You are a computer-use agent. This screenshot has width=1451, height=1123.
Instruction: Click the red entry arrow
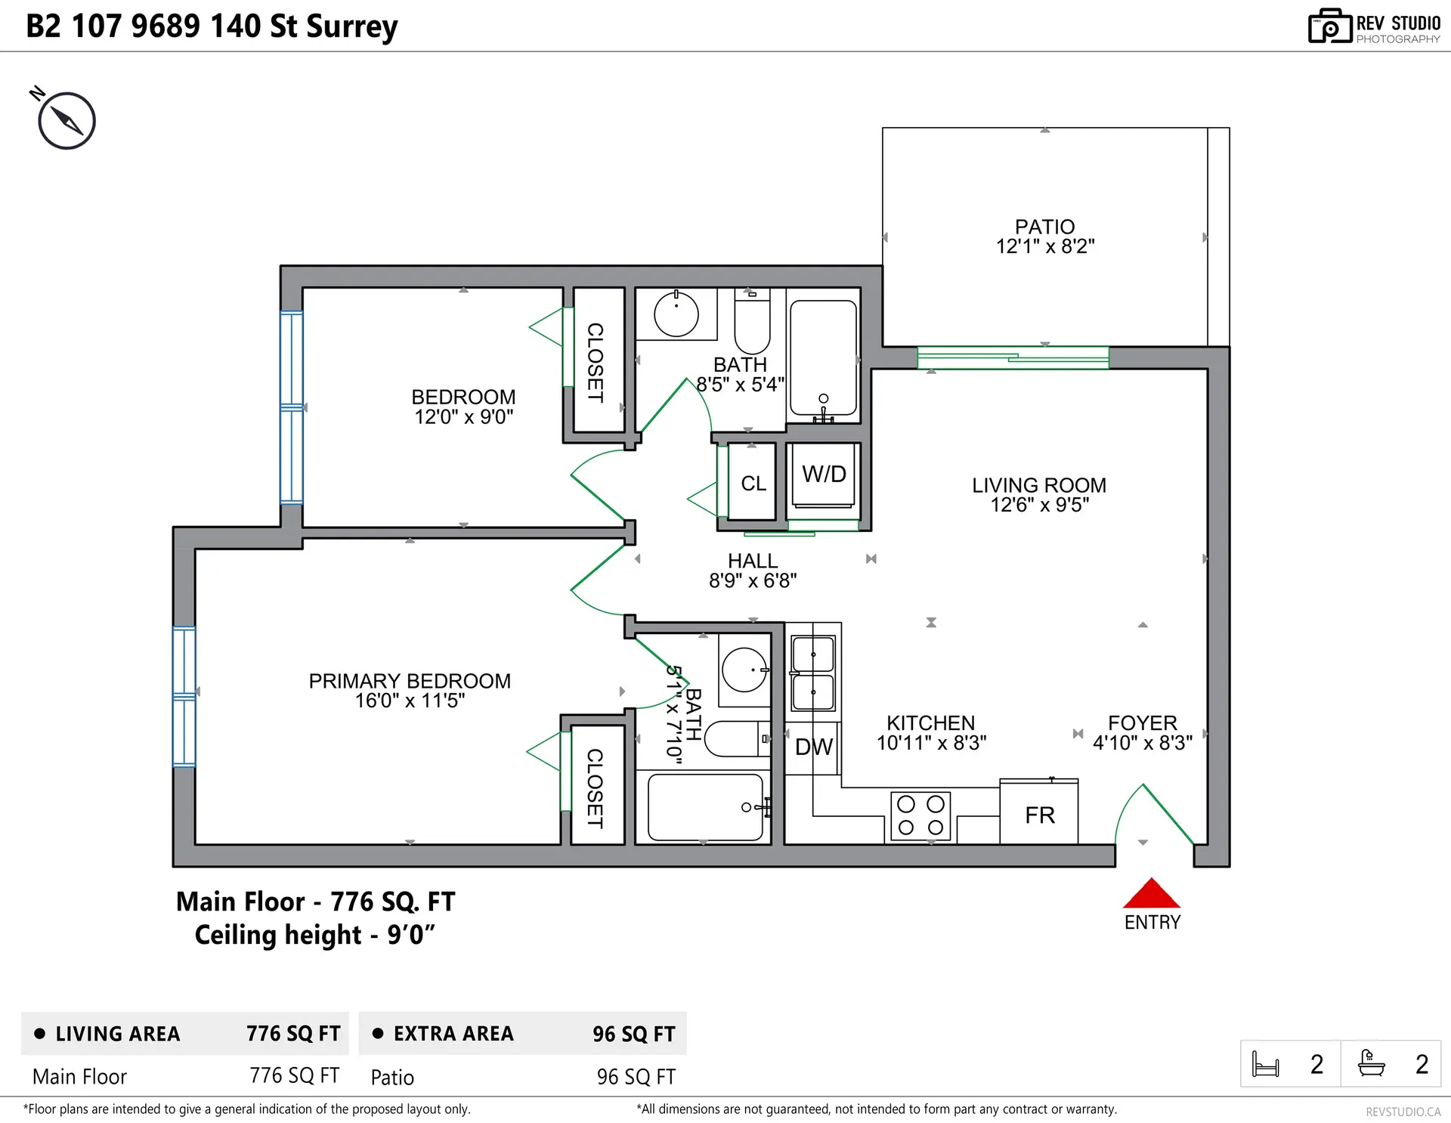coord(1151,894)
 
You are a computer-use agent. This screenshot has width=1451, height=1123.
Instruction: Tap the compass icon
coord(67,120)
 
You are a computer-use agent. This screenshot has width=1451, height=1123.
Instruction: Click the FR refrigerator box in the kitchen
coord(1039,814)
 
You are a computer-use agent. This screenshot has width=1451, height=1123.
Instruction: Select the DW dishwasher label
coord(813,747)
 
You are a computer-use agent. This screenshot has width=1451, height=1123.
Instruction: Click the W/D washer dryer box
coord(824,475)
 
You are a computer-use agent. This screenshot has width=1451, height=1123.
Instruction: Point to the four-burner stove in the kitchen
coord(920,816)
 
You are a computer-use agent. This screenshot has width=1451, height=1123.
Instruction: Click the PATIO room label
coord(1044,227)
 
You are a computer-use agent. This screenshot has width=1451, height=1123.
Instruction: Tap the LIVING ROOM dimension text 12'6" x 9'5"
coord(1039,505)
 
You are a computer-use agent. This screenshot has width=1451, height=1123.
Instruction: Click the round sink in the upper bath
coord(676,314)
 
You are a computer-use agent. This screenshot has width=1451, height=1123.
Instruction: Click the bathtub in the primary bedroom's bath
coord(705,807)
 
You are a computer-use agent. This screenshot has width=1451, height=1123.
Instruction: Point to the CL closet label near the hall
coord(753,484)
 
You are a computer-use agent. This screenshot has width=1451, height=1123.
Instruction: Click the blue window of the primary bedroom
coord(184,696)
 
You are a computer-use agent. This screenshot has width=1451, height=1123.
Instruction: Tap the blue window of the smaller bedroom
coord(292,407)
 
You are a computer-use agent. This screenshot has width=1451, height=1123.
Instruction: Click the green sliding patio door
coord(1013,357)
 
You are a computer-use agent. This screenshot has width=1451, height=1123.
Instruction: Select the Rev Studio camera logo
coord(1329,26)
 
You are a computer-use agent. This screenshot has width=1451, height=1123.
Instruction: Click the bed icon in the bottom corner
coord(1265,1064)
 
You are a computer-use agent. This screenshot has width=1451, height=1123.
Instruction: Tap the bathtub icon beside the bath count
coord(1371,1063)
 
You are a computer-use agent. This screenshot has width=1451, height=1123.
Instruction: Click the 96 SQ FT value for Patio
coord(636,1077)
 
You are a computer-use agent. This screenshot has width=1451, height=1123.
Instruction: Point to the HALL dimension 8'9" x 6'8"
coord(753,580)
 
